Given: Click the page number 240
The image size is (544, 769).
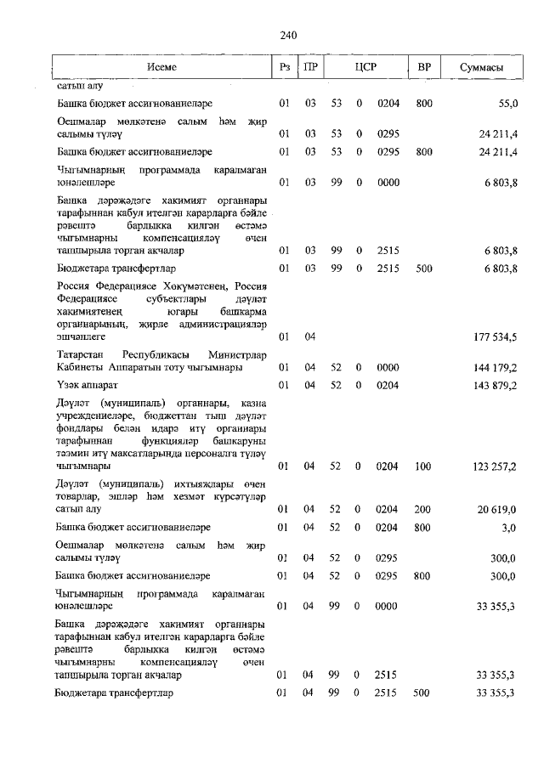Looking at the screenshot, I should click(x=287, y=35).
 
